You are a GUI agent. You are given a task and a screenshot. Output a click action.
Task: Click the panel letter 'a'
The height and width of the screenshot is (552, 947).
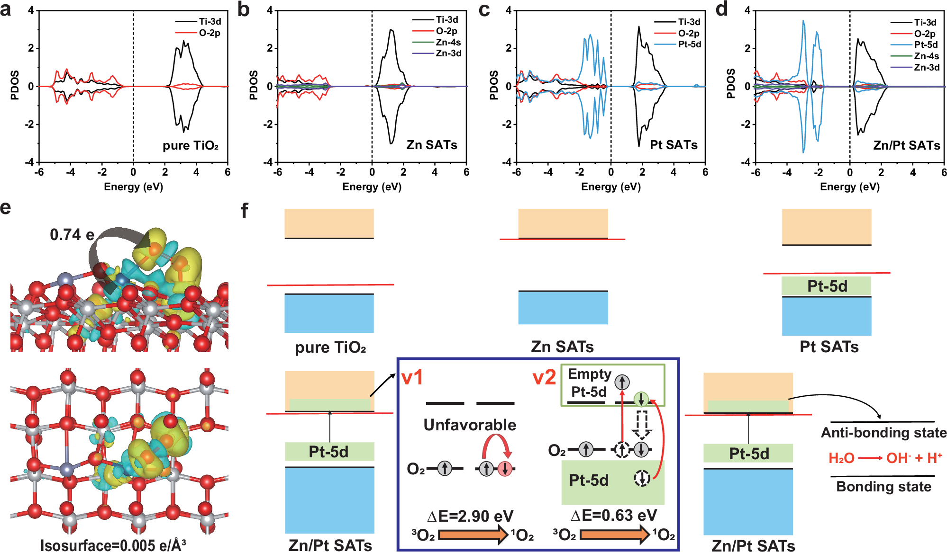click(6, 9)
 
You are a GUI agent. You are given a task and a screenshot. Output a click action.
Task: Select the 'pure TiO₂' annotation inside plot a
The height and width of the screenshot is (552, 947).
click(191, 145)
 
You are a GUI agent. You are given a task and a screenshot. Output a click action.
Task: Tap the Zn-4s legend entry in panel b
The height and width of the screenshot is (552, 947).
click(448, 42)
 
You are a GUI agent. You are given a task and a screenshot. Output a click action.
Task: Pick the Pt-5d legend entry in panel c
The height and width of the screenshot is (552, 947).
click(689, 44)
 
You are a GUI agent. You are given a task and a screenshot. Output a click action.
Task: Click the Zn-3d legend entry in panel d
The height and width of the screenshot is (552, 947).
click(927, 67)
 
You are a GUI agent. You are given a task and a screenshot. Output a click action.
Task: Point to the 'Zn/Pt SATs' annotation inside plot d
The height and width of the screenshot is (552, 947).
click(906, 145)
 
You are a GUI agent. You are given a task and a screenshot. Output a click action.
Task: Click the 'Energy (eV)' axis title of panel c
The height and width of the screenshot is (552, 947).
click(611, 187)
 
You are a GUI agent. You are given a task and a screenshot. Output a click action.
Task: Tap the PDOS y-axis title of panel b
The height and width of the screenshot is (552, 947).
click(254, 85)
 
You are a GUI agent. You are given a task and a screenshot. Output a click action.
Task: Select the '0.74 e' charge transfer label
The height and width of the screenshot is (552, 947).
click(72, 234)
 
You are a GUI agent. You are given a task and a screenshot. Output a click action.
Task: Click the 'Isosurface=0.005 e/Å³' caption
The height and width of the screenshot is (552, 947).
click(113, 545)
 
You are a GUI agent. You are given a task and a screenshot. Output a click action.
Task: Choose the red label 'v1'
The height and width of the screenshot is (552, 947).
click(412, 378)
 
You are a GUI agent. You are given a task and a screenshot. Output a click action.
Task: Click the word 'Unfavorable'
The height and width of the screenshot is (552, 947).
click(470, 425)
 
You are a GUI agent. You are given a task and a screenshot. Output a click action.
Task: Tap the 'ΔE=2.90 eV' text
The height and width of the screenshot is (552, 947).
click(470, 516)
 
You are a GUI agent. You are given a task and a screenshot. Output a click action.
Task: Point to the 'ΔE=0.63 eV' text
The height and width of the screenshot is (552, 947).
click(613, 515)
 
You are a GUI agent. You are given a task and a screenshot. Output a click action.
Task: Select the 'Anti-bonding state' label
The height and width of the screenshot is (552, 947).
click(883, 433)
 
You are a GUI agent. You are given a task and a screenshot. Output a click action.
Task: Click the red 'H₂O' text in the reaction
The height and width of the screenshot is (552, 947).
click(841, 458)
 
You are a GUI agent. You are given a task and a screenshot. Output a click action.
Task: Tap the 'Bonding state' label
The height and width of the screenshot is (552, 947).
click(883, 487)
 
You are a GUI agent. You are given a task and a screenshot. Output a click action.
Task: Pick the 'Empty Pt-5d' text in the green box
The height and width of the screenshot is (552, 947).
click(589, 383)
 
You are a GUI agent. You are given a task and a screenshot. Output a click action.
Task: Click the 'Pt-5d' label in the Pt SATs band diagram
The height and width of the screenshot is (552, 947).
click(827, 286)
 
